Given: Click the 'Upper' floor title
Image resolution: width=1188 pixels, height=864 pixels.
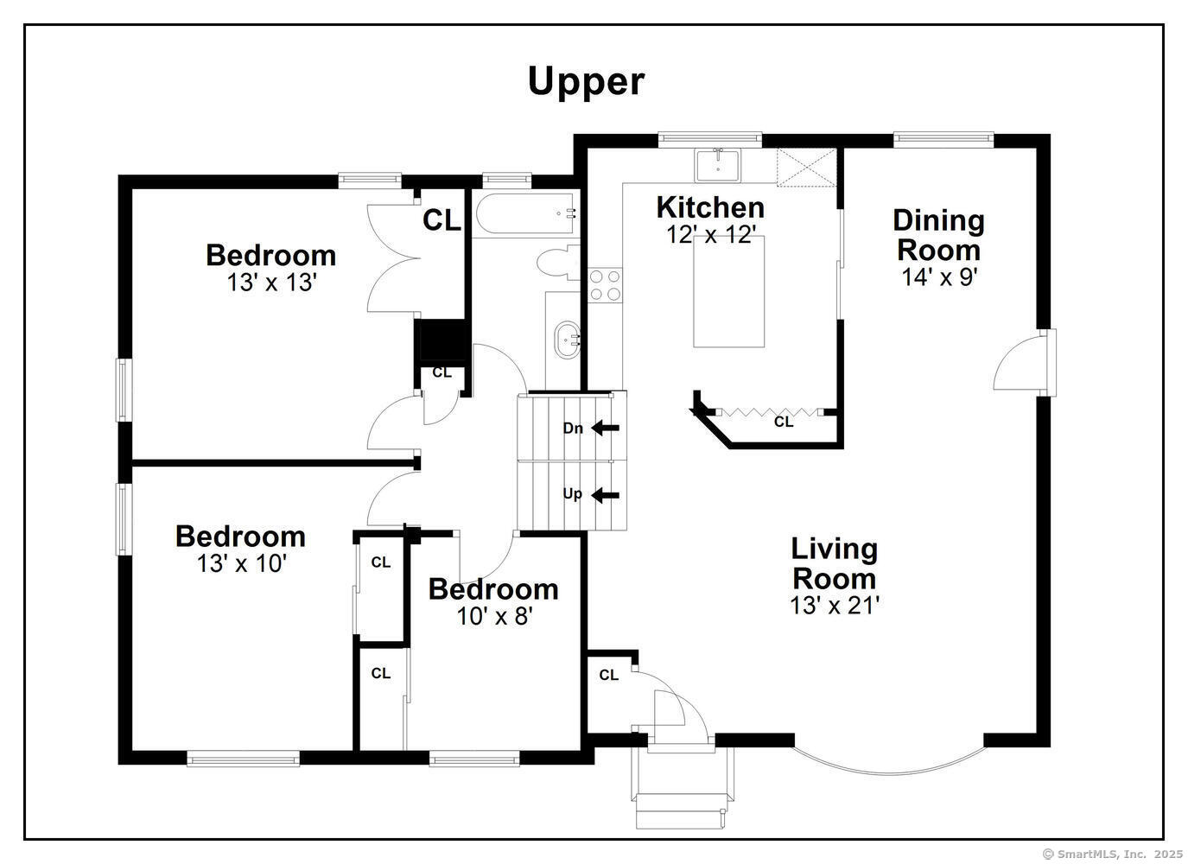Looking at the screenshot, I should (586, 81).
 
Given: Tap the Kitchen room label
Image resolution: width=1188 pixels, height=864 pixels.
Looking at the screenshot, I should (710, 207).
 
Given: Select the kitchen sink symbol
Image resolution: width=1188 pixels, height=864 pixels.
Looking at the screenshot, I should (717, 164).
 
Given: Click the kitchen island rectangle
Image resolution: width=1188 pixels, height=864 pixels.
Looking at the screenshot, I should (728, 291).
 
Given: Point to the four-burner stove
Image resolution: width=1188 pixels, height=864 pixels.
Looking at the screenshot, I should (605, 285).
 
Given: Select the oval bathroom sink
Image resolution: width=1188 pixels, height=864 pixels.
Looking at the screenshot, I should (568, 340).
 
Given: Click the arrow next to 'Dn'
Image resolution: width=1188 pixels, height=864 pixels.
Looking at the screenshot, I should (606, 428).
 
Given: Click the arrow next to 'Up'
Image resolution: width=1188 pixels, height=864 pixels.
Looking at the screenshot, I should (606, 495).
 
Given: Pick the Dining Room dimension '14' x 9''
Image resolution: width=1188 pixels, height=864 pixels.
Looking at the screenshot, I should (939, 277).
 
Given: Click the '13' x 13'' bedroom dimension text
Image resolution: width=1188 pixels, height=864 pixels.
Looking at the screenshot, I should (271, 283).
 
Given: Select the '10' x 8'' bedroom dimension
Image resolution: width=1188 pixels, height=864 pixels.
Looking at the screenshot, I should (493, 616).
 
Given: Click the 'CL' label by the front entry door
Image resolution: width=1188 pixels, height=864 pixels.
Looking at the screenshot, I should (609, 676).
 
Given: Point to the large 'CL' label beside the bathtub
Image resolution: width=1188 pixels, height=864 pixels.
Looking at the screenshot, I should (442, 221).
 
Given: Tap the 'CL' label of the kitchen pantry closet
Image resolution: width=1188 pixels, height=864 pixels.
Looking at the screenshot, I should (784, 422).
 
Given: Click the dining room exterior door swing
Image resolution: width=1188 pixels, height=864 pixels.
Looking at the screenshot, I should (1020, 363).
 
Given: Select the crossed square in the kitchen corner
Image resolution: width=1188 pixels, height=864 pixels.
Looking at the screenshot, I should (807, 167).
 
